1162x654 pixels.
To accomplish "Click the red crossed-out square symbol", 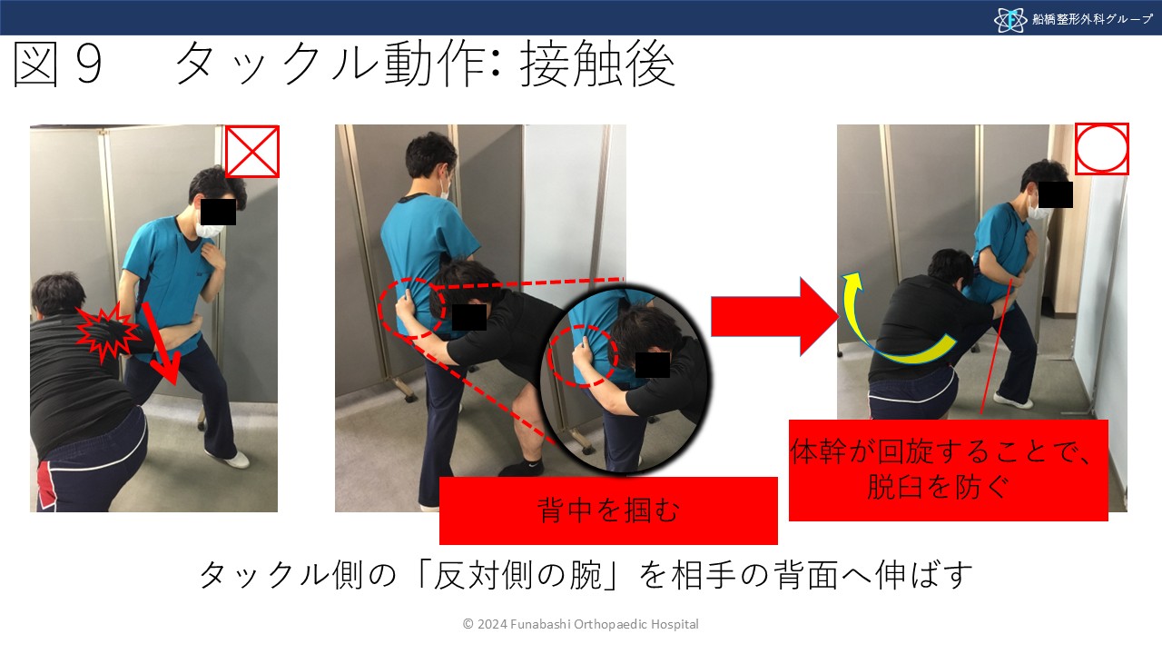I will pos(252,151).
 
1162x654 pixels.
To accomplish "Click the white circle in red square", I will pos(1102,148).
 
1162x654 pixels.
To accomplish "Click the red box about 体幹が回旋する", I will pos(948,470).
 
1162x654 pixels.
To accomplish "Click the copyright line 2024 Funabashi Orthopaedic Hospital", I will pos(581,624).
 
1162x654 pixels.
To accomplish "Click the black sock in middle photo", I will pos(531,466).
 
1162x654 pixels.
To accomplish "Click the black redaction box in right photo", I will pos(1056,194).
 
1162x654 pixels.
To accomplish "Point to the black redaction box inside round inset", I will pos(653,364).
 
